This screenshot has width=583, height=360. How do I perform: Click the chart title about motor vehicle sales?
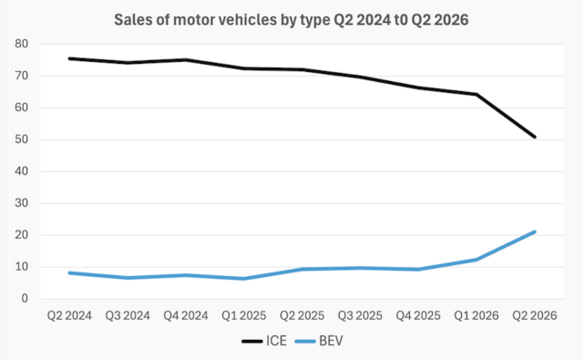click(291, 20)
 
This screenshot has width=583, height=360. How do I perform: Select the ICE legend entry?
click(264, 341)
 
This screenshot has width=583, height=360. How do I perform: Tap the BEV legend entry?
click(319, 341)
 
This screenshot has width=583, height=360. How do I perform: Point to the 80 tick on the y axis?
click(22, 44)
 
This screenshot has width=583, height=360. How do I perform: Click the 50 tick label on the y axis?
click(22, 139)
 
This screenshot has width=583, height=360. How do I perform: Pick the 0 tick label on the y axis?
click(25, 298)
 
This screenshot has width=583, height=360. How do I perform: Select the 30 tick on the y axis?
click(22, 203)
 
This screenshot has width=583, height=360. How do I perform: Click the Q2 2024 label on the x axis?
click(69, 315)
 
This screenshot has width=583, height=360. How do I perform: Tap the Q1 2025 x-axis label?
click(244, 315)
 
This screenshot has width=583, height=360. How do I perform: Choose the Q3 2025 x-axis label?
click(360, 315)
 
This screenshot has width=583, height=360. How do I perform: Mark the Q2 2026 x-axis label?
click(535, 315)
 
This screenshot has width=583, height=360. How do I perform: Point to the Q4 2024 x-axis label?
click(186, 315)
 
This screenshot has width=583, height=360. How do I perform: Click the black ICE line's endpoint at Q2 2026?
click(535, 137)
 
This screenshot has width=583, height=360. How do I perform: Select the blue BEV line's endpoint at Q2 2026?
click(535, 232)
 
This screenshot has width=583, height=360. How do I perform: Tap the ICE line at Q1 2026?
click(476, 95)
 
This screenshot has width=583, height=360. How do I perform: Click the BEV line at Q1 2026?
click(476, 260)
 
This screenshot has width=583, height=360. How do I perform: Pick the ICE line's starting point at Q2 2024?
click(69, 58)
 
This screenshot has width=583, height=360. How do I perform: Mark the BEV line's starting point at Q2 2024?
click(69, 273)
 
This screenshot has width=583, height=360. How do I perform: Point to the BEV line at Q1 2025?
click(244, 279)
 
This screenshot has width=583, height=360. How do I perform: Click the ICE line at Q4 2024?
click(186, 60)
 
